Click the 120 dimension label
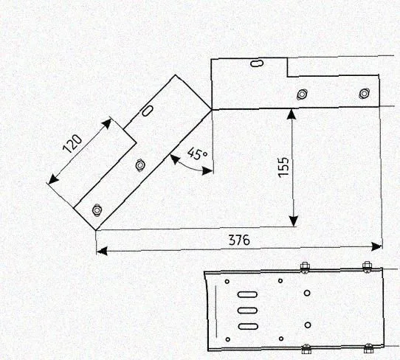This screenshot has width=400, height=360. coord(72,144)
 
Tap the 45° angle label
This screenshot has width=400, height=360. coord(198,154)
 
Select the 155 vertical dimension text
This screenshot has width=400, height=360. coord(283,167)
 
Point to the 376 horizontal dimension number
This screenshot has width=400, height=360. coord(239,240)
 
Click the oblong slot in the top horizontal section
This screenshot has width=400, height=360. coord(257,63)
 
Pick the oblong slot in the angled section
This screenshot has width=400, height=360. coord(148,111)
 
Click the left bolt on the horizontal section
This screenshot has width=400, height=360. coord(302,94)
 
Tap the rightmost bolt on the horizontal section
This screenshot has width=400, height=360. coord(364,93)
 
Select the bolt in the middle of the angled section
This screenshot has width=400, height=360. coord(139,165)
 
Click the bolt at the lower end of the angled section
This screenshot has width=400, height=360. coord(97,210)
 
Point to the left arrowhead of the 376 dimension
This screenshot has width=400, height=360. coord(102,252)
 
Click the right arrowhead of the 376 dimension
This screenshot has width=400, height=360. coord(377,246)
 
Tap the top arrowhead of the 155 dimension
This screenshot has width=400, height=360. coord(292,114)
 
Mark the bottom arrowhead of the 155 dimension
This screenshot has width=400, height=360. coord(294,221)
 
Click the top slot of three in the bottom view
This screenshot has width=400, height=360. coord(247,294)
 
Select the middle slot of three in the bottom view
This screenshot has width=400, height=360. coord(247,311)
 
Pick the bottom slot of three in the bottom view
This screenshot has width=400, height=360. coord(248,326)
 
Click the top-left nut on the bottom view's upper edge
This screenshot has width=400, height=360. coord(305,268)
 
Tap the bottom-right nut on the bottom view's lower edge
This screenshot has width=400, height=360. coord(368,348)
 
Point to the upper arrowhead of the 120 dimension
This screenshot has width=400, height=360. coord(107,123)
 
